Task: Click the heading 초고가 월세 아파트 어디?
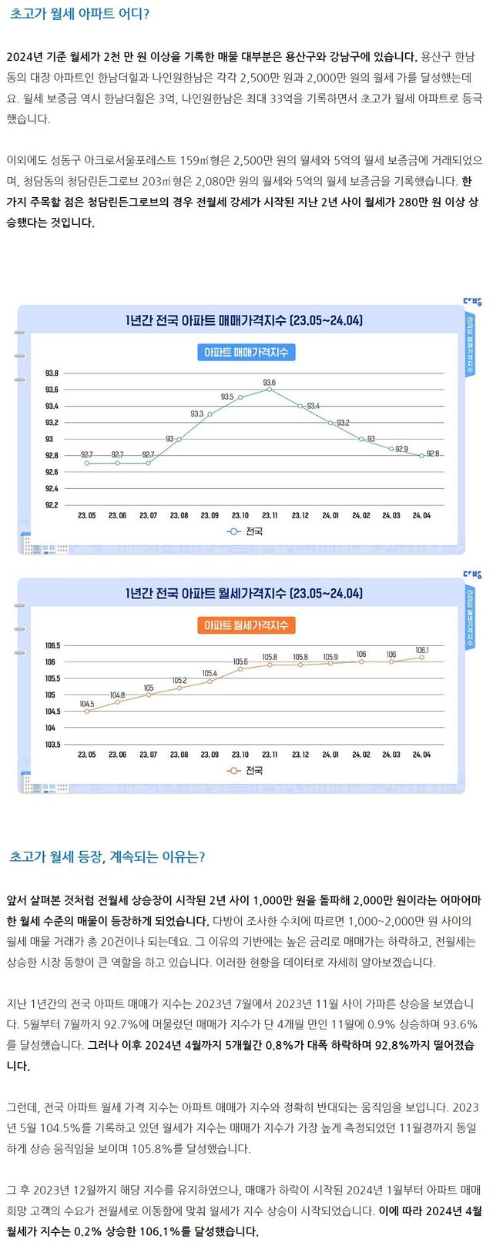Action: click(x=80, y=15)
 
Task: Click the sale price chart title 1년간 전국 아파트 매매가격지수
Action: click(x=243, y=320)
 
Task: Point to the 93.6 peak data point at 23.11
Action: click(x=270, y=390)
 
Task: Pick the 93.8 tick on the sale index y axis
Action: click(x=52, y=373)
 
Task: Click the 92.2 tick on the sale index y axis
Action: click(x=52, y=505)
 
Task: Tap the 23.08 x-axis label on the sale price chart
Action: click(x=179, y=515)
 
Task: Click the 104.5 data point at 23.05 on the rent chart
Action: click(x=87, y=712)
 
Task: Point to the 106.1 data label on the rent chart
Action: click(x=422, y=650)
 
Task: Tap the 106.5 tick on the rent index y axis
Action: click(x=52, y=645)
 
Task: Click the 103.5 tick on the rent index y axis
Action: click(x=52, y=745)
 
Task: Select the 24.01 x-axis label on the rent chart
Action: click(x=330, y=755)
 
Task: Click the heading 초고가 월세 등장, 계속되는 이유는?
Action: click(x=107, y=856)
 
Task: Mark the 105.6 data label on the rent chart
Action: click(x=240, y=661)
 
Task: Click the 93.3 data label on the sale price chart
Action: click(x=197, y=414)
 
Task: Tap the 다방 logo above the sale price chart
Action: click(x=471, y=302)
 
